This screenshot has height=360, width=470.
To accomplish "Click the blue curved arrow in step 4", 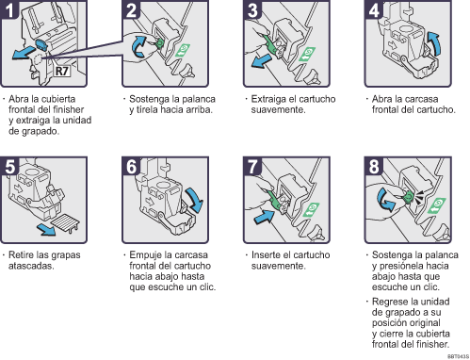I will tap(432, 42).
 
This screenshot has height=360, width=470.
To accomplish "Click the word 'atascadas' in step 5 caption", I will tap(33, 266).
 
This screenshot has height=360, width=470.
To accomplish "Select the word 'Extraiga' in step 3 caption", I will tap(266, 98).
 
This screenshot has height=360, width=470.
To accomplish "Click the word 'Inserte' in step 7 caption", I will tap(263, 255).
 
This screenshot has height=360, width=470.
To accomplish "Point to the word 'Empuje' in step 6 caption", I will tap(146, 255).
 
